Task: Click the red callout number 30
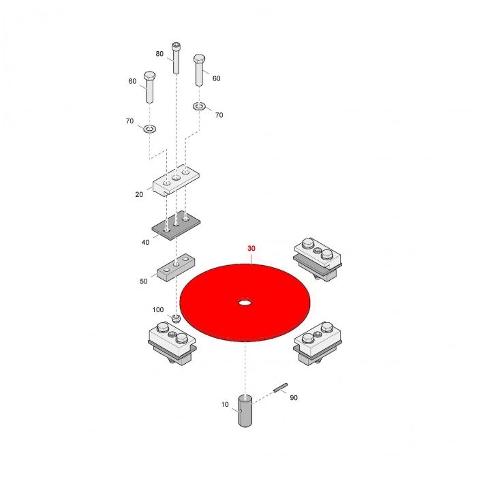coord(251,249)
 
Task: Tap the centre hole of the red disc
coord(245,303)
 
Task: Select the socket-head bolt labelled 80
coord(176,58)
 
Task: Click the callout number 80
coord(159,54)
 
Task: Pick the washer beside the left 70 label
coord(150,129)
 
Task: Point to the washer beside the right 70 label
coord(199,106)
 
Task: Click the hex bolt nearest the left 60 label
coord(149,87)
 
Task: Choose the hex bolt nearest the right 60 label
coord(199,70)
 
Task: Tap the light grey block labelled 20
coord(176,181)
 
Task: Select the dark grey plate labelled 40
coord(176,225)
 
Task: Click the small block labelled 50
coord(176,267)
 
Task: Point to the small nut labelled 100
coord(176,319)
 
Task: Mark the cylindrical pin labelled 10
coord(245,411)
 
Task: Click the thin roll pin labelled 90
coord(280,388)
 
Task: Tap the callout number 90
coord(294,397)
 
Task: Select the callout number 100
coord(158,309)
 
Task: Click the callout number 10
coord(224,405)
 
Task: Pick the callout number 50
coord(144,281)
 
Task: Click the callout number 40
coord(145,243)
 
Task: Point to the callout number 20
coord(139,195)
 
